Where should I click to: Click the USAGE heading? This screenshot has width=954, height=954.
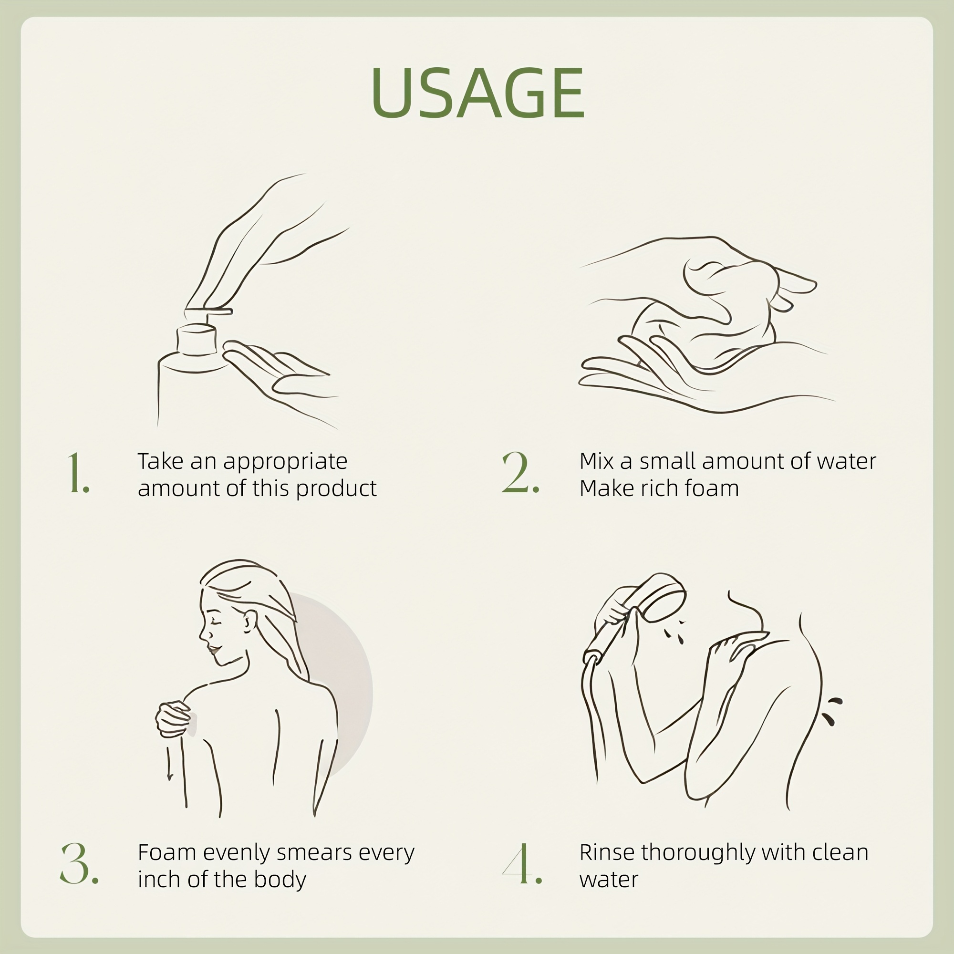coord(477,93)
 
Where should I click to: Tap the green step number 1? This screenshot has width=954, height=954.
coord(78,473)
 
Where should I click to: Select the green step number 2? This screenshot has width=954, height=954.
coord(520,473)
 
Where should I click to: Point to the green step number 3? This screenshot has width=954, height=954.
coord(79,864)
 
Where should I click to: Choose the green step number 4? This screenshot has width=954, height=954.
coord(522,864)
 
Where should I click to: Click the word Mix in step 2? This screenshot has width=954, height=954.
coord(597,461)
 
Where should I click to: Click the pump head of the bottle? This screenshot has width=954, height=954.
coord(208,311)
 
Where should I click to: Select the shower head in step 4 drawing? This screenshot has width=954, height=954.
coord(664,598)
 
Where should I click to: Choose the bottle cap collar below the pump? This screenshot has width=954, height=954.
coord(197,338)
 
